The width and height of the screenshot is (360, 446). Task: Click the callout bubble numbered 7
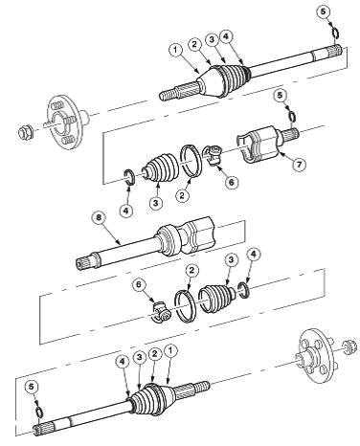coord(299,165)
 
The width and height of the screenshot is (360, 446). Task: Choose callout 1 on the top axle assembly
coord(176,51)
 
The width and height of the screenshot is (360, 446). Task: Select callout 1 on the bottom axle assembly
coord(170,351)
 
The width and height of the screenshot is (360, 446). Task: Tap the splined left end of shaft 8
coord(83,262)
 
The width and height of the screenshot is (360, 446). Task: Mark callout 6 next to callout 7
coord(231,182)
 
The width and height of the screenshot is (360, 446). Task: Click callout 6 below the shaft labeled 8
coord(139,285)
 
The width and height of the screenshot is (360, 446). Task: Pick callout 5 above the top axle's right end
coord(324,12)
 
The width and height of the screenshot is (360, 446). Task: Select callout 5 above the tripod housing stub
coord(280,96)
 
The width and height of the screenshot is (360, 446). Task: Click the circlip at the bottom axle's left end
coord(39,412)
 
